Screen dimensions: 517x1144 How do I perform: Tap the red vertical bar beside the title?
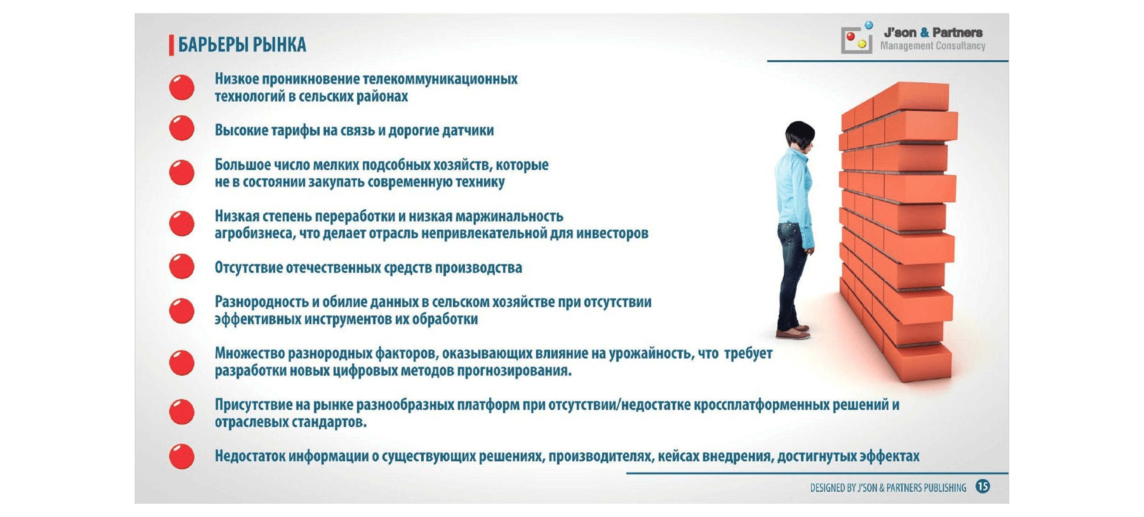pyautogui.click(x=171, y=45)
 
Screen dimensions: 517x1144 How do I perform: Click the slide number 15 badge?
pyautogui.click(x=982, y=486)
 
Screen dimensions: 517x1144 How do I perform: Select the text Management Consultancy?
pyautogui.click(x=932, y=46)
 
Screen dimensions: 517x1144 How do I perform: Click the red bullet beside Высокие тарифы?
pyautogui.click(x=182, y=128)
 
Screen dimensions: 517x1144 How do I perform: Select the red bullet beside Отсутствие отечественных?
pyautogui.click(x=182, y=266)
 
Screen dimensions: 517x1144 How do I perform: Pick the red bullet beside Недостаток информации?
pyautogui.click(x=182, y=456)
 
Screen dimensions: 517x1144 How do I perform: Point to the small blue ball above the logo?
pyautogui.click(x=869, y=25)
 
